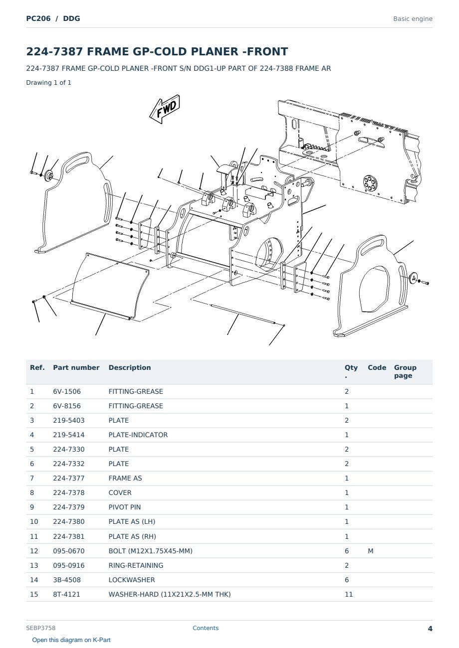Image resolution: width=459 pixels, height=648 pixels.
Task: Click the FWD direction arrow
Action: pos(165,109)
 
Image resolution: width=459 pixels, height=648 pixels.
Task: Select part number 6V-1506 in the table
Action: pos(67,391)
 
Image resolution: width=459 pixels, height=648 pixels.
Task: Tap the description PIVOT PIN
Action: pos(125,507)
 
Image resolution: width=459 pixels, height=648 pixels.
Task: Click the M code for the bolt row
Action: pos(370,551)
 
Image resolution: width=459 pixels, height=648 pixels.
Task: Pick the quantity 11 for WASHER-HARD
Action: pos(349,594)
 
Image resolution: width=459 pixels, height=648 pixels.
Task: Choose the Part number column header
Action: pos(76,367)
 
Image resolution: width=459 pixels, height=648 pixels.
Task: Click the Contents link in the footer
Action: pos(206,628)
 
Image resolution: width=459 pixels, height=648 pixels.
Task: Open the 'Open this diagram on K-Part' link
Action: pos(71,640)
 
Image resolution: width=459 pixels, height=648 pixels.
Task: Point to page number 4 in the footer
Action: pos(430,629)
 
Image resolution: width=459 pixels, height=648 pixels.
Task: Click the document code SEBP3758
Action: pos(40,628)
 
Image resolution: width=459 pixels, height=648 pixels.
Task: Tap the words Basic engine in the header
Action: pos(413,19)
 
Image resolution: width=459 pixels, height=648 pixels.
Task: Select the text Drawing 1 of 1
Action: pos(49,82)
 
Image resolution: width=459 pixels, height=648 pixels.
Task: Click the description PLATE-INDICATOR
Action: pos(138,435)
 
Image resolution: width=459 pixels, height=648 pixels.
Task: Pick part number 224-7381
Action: pos(69,536)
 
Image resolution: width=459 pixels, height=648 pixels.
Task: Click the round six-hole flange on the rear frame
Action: pos(370,183)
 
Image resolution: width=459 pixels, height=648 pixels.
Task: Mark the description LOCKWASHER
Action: pos(132,580)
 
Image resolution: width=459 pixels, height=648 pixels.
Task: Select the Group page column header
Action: pos(405,371)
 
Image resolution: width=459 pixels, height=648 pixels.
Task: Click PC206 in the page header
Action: pos(38,18)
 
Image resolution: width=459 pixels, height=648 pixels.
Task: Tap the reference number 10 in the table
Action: pos(34,521)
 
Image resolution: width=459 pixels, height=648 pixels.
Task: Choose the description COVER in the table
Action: pos(120,492)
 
